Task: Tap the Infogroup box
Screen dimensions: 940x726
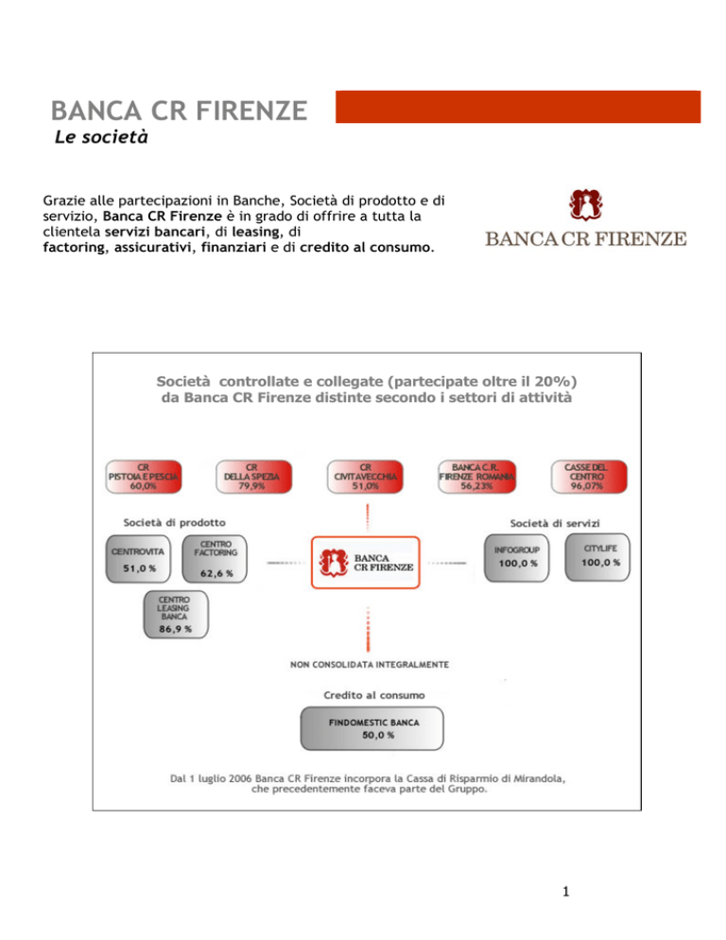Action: (517, 560)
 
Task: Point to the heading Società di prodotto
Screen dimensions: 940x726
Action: (174, 521)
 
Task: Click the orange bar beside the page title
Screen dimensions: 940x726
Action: (517, 106)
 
